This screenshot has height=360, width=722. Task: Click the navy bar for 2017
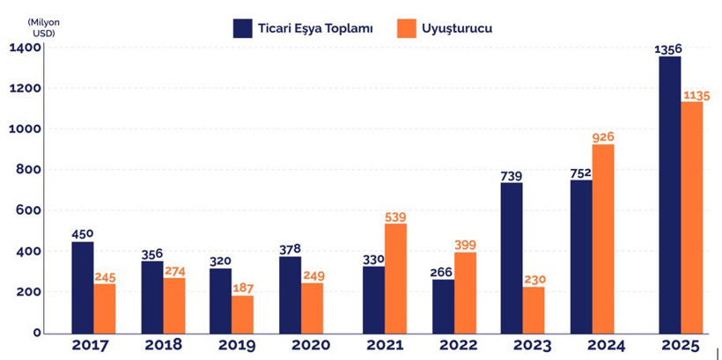coord(83,288)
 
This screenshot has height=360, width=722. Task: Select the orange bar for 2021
coord(395,278)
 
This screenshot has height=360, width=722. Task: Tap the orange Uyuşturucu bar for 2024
coord(603,239)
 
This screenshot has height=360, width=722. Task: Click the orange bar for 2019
coord(243,314)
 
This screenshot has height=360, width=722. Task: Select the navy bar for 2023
coord(512,258)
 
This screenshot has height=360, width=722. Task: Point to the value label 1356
coord(669,48)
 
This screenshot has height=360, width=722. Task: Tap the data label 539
coord(396,217)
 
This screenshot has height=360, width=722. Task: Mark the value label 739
coord(512,176)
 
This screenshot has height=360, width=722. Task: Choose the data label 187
coord(244,289)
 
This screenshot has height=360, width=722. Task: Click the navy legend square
coord(244,28)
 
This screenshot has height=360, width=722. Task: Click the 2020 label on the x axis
coord(302,345)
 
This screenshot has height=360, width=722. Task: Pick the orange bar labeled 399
coord(465,293)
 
